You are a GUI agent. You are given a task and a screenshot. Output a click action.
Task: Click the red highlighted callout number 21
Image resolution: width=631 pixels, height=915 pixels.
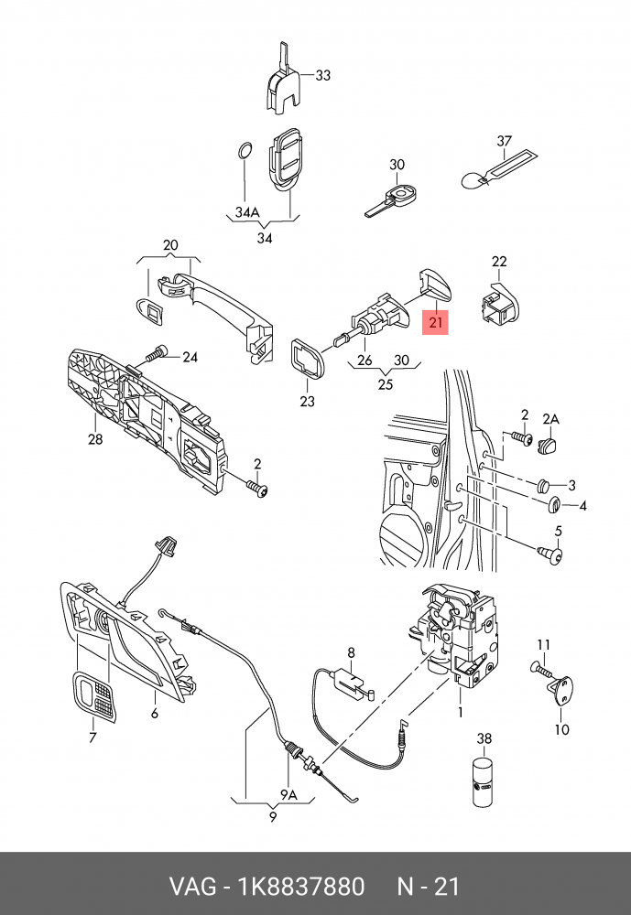(435, 322)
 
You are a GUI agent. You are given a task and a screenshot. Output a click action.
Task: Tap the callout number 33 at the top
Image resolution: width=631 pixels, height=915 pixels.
(322, 76)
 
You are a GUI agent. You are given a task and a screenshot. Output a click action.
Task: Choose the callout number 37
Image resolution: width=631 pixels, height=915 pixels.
(504, 141)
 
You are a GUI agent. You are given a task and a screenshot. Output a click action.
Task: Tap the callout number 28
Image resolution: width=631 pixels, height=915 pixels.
(95, 438)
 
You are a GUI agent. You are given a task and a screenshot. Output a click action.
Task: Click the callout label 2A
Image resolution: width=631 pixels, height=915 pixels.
(550, 418)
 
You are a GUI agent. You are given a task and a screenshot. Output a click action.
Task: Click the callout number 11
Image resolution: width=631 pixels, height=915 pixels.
(542, 643)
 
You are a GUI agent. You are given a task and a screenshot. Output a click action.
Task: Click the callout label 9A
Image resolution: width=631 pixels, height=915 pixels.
(289, 793)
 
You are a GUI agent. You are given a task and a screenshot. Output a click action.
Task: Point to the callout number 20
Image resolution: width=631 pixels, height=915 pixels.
(170, 245)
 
